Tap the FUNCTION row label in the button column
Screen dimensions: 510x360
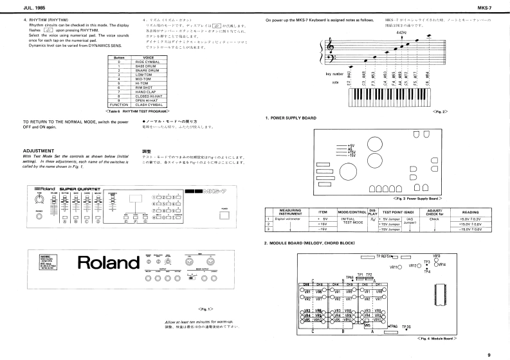pos(118,104)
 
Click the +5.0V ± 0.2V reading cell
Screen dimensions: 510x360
pos(470,219)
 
